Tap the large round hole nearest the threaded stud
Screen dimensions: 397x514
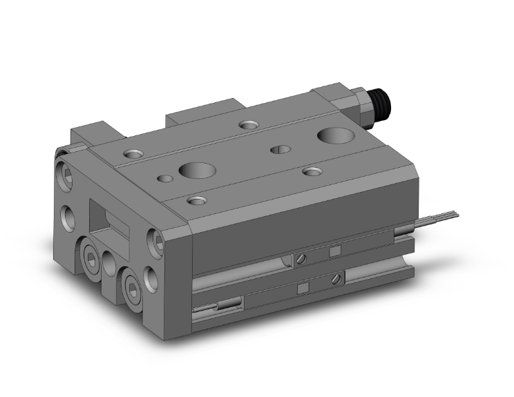coord(334,135)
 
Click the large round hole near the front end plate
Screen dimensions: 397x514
coord(192,170)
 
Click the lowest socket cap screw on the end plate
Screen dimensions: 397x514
coord(131,284)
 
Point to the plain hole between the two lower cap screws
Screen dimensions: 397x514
coord(111,262)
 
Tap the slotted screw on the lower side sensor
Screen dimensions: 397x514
coord(336,278)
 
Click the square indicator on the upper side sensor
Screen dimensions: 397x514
coord(335,251)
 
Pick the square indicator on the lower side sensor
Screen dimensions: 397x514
coord(301,286)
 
